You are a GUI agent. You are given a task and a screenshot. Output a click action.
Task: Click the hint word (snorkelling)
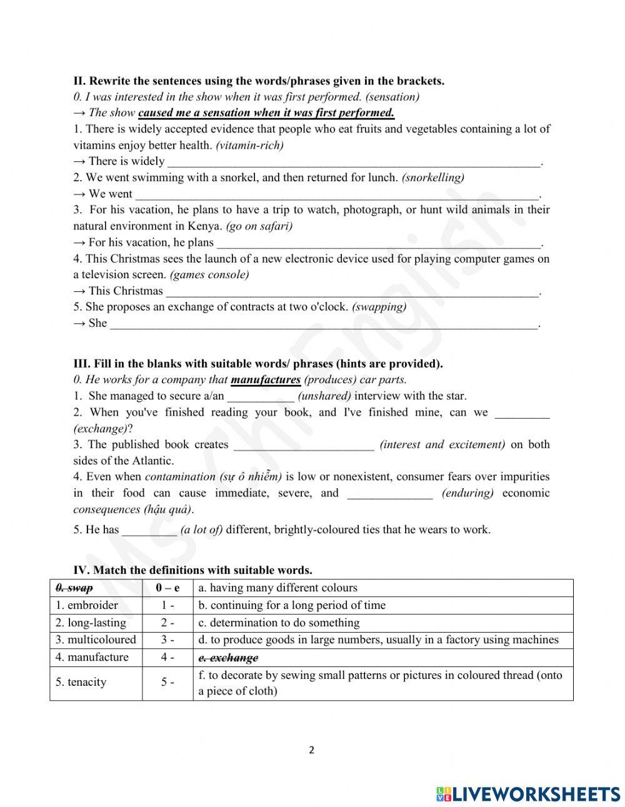click(x=432, y=178)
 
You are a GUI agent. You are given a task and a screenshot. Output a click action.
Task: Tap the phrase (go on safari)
click(x=259, y=226)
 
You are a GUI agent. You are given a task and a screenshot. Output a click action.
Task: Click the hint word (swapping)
click(x=379, y=307)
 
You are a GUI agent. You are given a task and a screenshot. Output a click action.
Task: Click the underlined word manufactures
click(x=266, y=379)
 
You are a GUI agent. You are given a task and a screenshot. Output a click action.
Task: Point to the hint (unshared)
click(x=324, y=396)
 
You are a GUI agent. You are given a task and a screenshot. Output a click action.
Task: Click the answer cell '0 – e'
click(x=167, y=588)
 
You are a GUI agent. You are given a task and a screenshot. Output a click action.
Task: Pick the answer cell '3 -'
click(x=167, y=639)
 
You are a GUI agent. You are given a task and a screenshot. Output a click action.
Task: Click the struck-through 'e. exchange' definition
click(x=228, y=658)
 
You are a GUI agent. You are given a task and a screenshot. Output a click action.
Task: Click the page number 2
click(x=311, y=750)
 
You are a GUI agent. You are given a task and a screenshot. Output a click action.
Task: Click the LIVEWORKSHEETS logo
click(x=528, y=793)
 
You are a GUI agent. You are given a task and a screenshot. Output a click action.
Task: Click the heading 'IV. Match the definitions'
click(x=192, y=569)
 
